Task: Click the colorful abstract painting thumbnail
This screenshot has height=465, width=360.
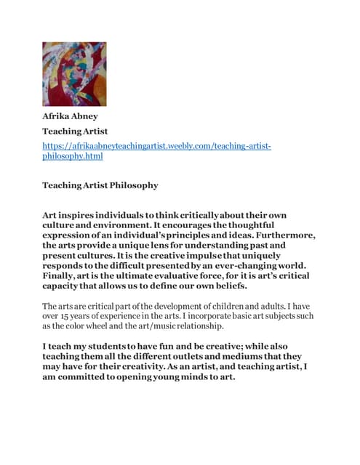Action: pos(74,74)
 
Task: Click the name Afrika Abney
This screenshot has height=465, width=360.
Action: pos(74,116)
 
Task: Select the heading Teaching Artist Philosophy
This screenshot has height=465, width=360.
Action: pos(100,185)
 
